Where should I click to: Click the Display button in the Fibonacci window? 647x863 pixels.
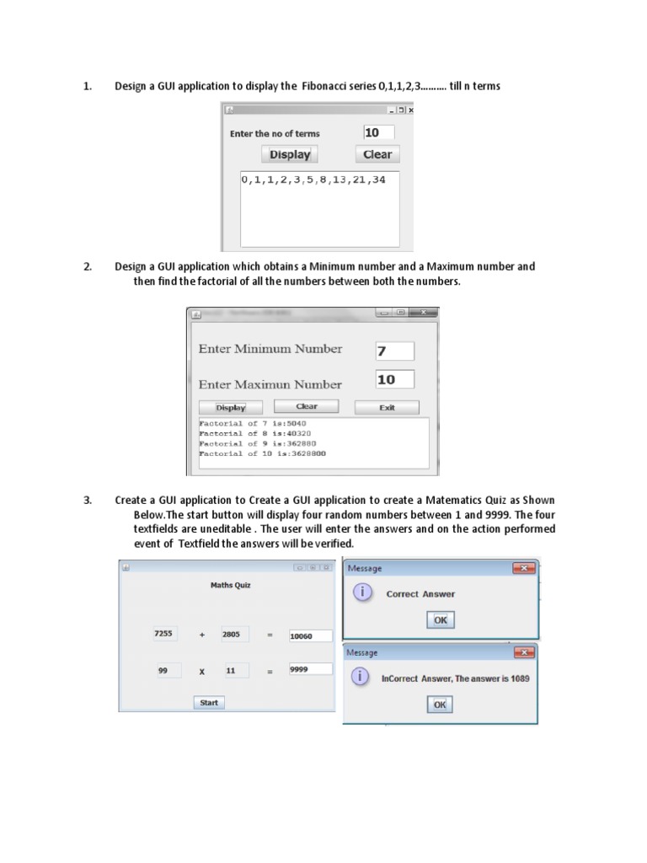(289, 154)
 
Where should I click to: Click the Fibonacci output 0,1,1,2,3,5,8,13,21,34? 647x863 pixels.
(313, 180)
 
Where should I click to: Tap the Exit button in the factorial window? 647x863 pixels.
(387, 408)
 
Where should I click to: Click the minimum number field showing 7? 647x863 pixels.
(394, 351)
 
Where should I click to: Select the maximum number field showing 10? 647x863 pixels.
(394, 379)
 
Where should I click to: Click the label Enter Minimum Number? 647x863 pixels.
(270, 349)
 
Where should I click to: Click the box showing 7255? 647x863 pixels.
(164, 634)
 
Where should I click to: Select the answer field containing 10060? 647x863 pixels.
(310, 636)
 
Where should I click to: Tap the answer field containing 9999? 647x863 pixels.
(310, 670)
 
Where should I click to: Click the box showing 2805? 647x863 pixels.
(233, 634)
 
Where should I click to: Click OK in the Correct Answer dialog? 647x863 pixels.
(440, 620)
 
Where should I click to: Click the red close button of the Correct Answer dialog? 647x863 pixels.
(524, 569)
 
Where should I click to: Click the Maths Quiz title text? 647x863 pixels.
(230, 585)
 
